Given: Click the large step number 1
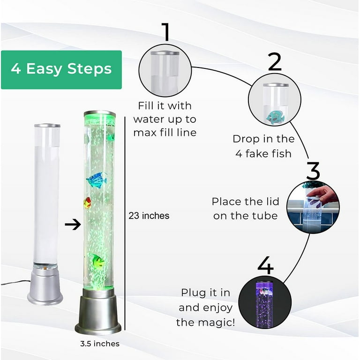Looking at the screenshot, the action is point(166,32).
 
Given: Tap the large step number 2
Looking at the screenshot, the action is point(275,61).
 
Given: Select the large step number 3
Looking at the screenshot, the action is point(313,171).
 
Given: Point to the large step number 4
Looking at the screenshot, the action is point(266,265).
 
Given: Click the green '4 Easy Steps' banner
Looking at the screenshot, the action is point(61,69).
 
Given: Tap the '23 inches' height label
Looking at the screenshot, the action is point(149,216).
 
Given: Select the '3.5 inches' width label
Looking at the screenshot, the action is point(100,344).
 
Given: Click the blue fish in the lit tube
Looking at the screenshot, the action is point(97,180).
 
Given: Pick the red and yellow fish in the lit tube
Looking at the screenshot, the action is point(87,203).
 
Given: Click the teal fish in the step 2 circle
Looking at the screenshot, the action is point(275,117).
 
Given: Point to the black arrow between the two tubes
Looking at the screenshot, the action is point(73,225).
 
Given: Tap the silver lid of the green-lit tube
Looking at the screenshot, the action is point(100,113).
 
